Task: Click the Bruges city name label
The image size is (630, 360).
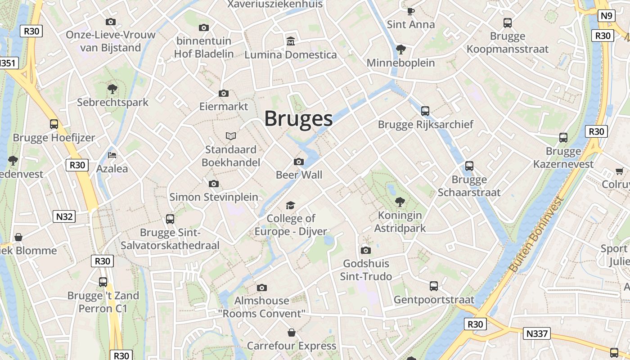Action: [x=298, y=119]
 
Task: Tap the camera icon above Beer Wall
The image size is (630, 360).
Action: [x=298, y=162]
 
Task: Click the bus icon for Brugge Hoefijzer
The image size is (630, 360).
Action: [x=54, y=124]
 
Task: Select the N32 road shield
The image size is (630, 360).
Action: [x=64, y=216]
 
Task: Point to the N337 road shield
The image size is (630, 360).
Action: [x=536, y=333]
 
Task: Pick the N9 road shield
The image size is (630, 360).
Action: [x=607, y=16]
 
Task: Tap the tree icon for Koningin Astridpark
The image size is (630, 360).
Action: [x=400, y=202]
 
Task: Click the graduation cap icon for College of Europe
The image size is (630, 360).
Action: [x=291, y=205]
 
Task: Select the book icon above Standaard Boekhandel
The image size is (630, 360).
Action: [x=231, y=136]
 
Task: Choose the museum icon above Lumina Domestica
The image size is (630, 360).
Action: [x=291, y=41]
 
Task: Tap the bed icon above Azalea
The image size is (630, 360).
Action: [x=112, y=155]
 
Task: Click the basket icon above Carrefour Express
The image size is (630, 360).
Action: [x=292, y=333]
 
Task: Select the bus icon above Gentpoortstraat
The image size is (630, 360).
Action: [x=434, y=286]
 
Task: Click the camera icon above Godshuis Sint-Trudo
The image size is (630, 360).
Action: [x=366, y=250]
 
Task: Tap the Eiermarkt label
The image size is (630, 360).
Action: [x=224, y=107]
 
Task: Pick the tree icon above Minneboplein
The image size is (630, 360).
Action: [x=400, y=49]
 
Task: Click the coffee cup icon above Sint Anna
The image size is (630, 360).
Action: [x=411, y=11]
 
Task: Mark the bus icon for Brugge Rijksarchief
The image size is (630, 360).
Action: [x=425, y=111]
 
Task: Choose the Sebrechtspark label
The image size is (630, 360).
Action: [x=112, y=102]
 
